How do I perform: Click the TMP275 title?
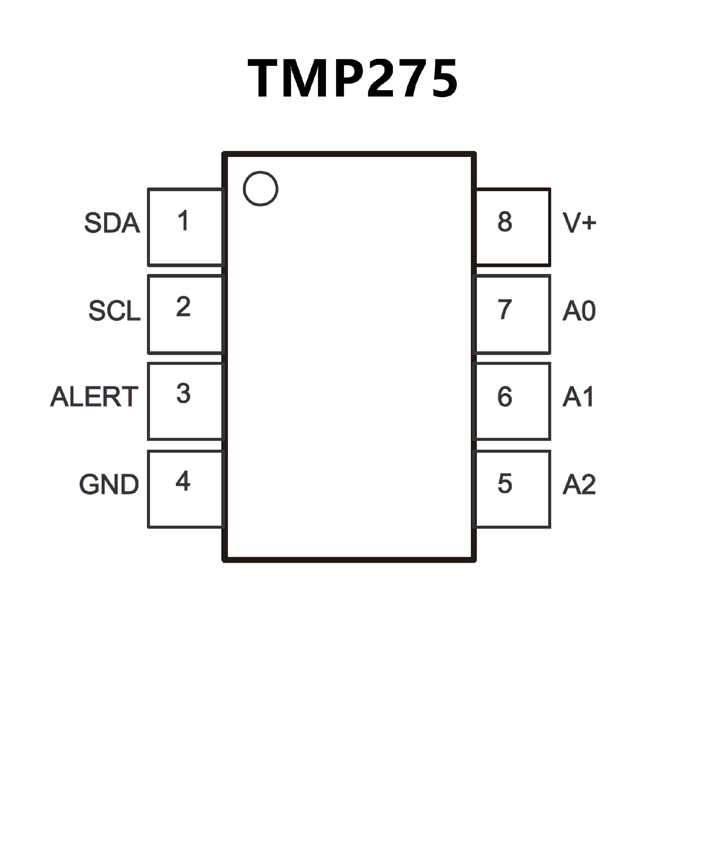pyautogui.click(x=352, y=78)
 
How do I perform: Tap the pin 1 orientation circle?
pyautogui.click(x=260, y=189)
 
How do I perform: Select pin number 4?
pyautogui.click(x=183, y=481)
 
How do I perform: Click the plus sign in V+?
pyautogui.click(x=589, y=222)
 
